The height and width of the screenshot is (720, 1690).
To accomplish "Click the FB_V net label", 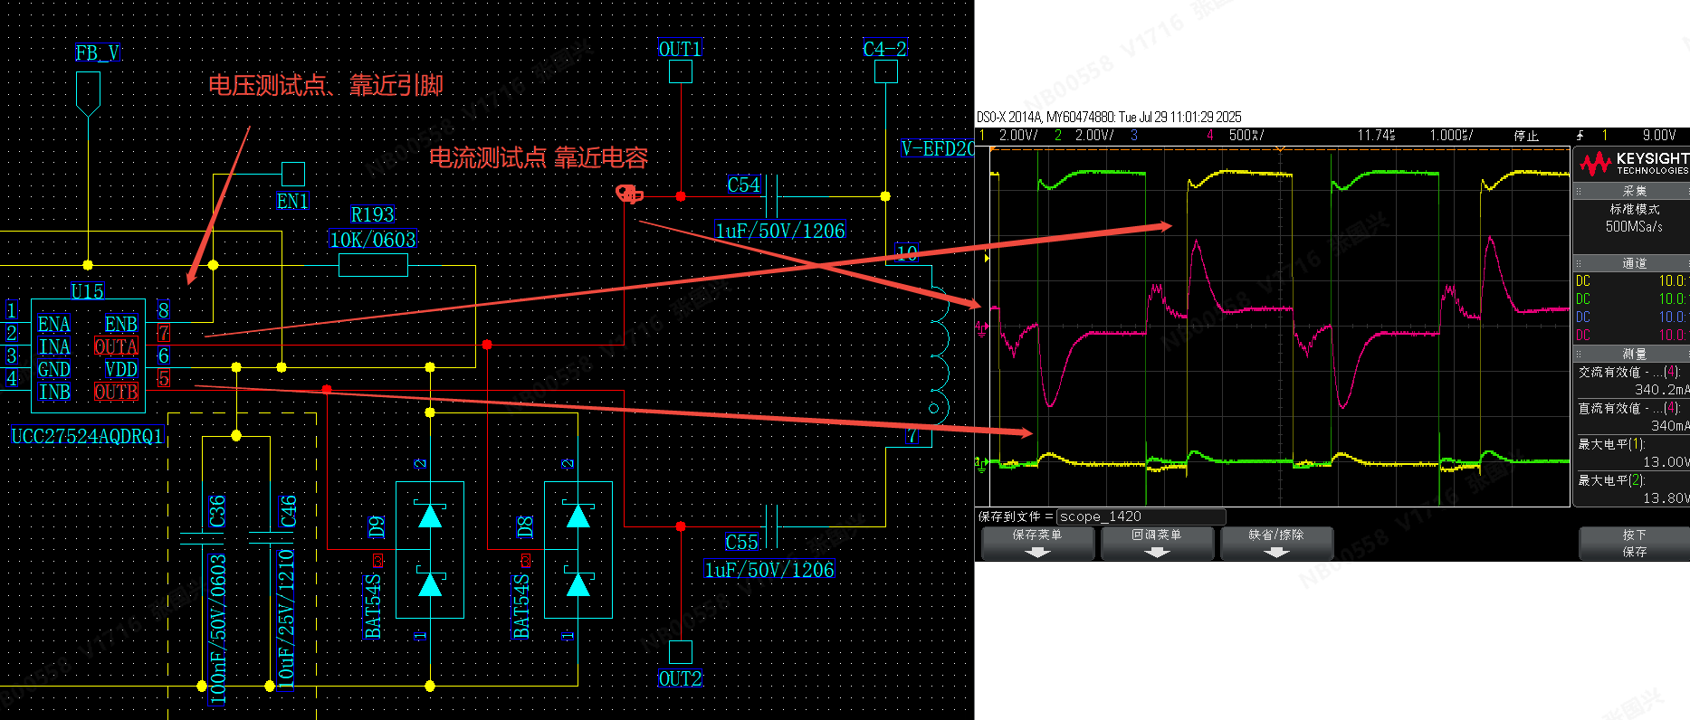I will (x=98, y=53).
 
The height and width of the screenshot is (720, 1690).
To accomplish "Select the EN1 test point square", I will (x=292, y=174).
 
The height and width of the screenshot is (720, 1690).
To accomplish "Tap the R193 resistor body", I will (x=373, y=265).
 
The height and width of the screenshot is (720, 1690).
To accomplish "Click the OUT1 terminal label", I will (x=680, y=50).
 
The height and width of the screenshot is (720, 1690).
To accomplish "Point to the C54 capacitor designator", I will (x=743, y=185).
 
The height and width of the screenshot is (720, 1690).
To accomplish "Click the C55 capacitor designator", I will (x=741, y=543).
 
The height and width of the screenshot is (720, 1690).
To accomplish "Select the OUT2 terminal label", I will (x=680, y=679).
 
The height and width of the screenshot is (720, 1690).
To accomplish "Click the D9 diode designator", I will (x=377, y=527).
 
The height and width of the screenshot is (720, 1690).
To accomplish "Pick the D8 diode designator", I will (x=524, y=527).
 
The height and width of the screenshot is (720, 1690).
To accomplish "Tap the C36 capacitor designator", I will (x=217, y=511).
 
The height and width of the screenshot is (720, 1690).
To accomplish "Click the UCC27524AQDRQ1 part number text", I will (x=87, y=437).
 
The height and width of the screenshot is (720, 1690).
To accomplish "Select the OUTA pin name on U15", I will (x=117, y=346).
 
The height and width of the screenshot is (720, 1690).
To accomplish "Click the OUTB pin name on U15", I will (x=117, y=392).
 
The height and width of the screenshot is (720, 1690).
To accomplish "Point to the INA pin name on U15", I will (x=54, y=346).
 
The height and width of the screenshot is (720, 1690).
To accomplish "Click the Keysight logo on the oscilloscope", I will (x=1634, y=163).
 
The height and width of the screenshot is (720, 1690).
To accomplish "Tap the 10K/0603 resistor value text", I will (x=373, y=240).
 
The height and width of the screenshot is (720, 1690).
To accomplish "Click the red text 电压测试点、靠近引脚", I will (x=326, y=86).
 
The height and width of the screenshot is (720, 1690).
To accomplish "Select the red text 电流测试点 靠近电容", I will (x=539, y=158).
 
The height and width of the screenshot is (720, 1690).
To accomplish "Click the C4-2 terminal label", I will (x=884, y=50).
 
